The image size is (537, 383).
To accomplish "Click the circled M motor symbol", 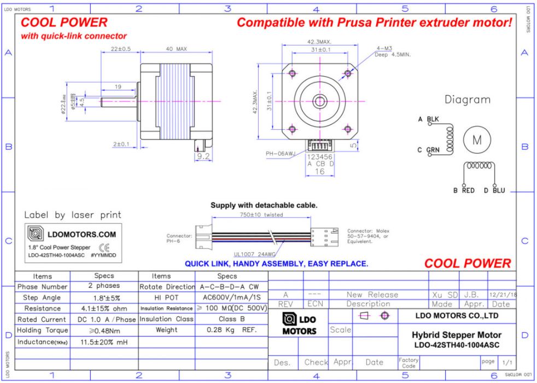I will click(x=477, y=140).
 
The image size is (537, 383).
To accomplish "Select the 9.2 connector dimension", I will click(x=203, y=156).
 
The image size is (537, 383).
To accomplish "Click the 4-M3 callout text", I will click(x=384, y=48).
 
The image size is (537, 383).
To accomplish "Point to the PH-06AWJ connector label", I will click(x=281, y=154).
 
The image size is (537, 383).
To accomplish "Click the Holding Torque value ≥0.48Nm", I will click(x=104, y=330).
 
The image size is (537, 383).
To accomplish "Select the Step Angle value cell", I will click(x=104, y=298).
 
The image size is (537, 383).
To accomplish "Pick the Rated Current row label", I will click(x=43, y=320).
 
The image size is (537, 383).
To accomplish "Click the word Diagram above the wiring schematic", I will click(x=467, y=100).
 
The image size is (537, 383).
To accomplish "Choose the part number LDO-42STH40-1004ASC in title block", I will click(x=456, y=345).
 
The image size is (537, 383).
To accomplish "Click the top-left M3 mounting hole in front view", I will click(x=292, y=73).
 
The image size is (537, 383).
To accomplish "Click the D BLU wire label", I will click(x=494, y=191).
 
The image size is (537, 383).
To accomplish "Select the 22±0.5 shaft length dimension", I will click(x=120, y=49).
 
